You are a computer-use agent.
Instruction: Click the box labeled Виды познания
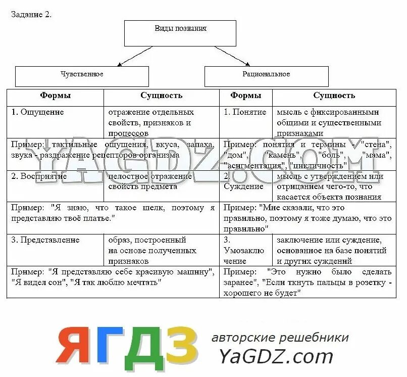180,33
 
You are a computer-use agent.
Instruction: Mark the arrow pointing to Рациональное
232,56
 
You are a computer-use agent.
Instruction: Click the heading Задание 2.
31,14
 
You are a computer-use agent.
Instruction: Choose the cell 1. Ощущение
38,112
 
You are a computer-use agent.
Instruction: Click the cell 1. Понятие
245,112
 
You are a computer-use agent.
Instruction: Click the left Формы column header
56,96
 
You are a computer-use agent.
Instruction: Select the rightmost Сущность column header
334,96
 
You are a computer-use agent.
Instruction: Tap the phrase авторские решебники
280,338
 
